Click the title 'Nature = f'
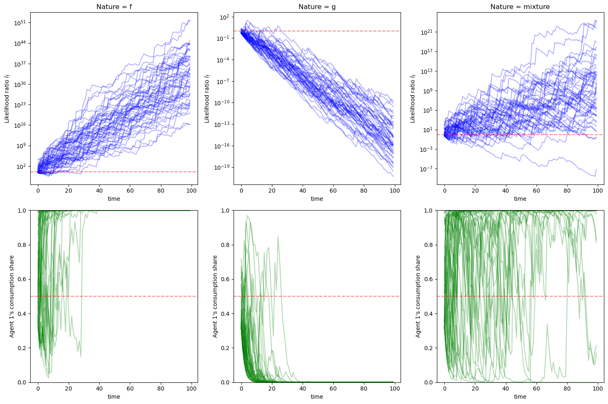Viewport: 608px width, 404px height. point(114,7)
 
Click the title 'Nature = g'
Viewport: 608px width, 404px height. point(317,7)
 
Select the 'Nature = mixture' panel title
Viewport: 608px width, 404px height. point(520,7)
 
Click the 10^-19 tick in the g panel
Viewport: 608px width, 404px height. point(223,167)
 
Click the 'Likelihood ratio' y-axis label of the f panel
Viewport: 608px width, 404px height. point(7,98)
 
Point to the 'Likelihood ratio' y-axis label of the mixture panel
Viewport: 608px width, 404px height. point(412,98)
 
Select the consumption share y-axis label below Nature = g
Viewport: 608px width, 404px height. point(215,296)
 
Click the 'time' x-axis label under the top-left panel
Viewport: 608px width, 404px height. point(114,199)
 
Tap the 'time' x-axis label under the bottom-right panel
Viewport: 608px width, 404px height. point(520,397)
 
